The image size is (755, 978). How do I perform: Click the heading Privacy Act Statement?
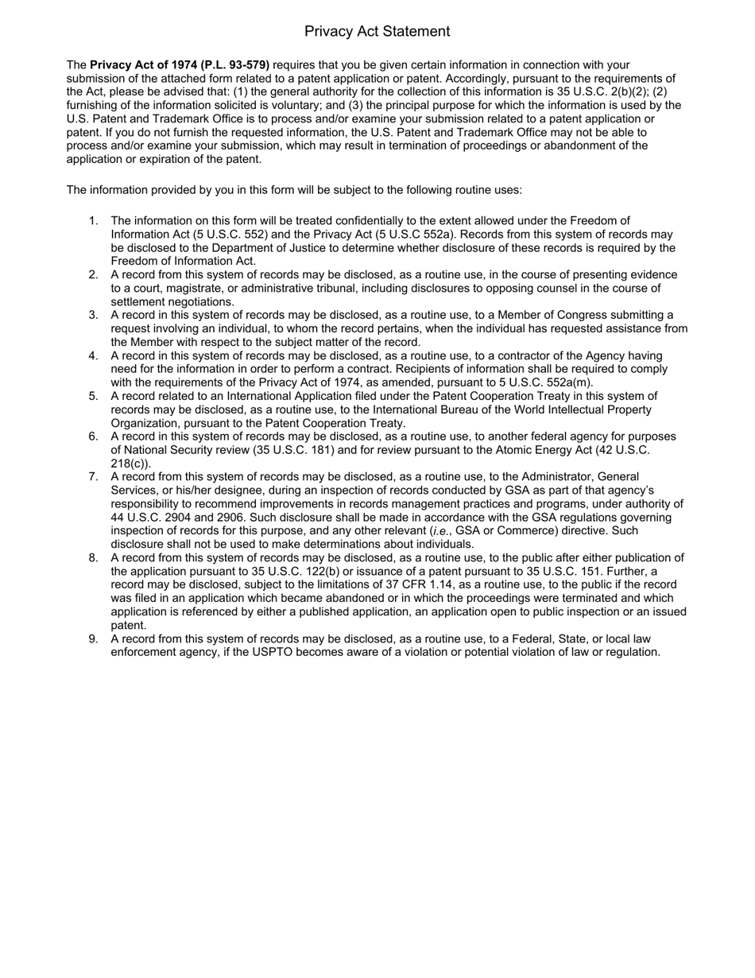click(377, 31)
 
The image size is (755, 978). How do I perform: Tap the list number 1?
click(94, 220)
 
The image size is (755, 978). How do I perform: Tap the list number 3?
click(94, 315)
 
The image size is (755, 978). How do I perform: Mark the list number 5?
click(94, 396)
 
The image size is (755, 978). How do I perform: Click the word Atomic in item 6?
click(521, 450)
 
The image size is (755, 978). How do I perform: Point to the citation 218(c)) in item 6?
click(130, 464)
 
